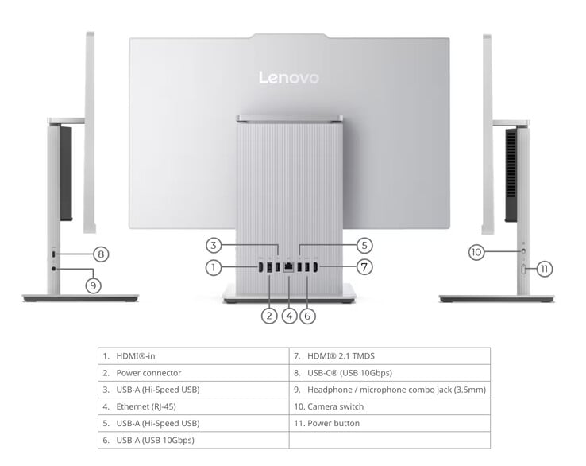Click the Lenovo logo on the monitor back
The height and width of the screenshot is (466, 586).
point(289,77)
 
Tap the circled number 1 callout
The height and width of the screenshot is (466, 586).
point(214,267)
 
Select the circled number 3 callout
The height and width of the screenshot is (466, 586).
point(214,246)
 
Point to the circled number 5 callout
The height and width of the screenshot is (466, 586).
point(364,246)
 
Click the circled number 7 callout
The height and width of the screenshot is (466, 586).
point(364,267)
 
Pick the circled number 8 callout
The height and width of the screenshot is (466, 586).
point(101,254)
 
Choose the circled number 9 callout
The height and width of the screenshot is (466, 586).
point(93,286)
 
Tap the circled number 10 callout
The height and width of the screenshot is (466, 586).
point(476,252)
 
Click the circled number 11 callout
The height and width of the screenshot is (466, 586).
point(545,269)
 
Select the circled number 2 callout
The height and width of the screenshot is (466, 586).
point(269,316)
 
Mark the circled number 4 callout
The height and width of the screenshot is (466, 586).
point(289,316)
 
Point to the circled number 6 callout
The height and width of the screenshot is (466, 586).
point(307,316)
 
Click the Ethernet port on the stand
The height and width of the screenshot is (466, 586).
point(288,267)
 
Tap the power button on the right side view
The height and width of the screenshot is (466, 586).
point(523,269)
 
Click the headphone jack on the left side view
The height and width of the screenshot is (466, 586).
point(54,268)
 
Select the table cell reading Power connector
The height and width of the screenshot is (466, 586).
point(194,373)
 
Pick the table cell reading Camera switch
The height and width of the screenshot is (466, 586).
point(390,406)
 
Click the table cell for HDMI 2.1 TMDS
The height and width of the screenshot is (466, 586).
point(390,356)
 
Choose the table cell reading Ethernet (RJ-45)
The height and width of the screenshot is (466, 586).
point(194,406)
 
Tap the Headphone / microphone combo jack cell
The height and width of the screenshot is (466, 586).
point(390,390)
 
